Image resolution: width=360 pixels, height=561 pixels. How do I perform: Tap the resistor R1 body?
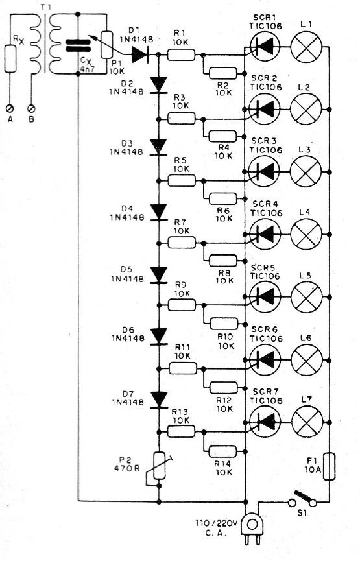point(182,55)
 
